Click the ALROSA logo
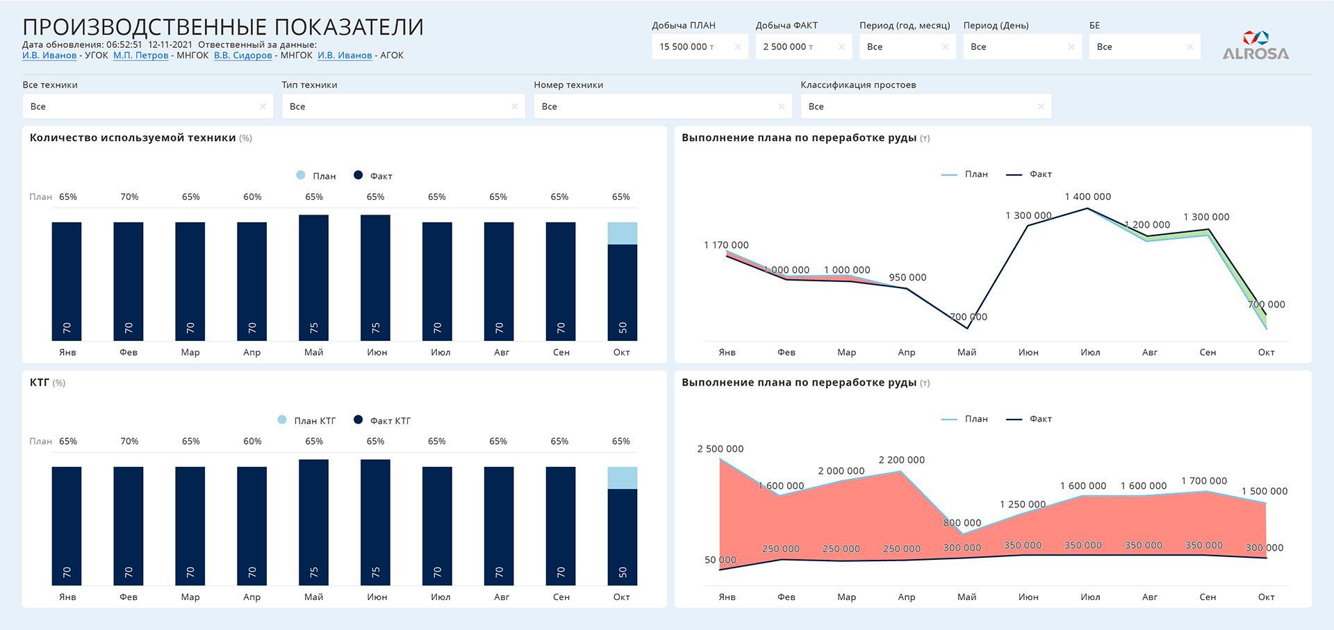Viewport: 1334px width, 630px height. coord(1255,45)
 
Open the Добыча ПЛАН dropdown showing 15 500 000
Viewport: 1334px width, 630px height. coord(700,47)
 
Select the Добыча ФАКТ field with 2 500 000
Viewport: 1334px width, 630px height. coord(803,47)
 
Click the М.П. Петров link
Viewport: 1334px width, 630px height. coord(141,56)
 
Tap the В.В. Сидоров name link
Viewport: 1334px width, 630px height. coord(243,56)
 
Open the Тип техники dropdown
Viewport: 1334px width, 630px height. coord(404,106)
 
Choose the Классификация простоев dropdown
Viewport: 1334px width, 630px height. coord(926,106)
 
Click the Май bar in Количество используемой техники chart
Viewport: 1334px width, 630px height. coord(313,278)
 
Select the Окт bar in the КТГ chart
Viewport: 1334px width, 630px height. coord(623,526)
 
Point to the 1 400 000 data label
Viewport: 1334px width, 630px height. coord(1088,197)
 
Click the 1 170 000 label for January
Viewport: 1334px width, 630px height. coord(726,245)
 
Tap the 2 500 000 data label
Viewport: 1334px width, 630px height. coord(720,449)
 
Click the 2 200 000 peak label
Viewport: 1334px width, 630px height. coord(902,460)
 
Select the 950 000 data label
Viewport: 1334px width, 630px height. coord(908,277)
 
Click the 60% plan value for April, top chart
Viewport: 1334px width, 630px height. coord(252,197)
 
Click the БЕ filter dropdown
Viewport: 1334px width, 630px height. coord(1145,47)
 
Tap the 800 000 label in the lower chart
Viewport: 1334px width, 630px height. coord(962,523)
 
